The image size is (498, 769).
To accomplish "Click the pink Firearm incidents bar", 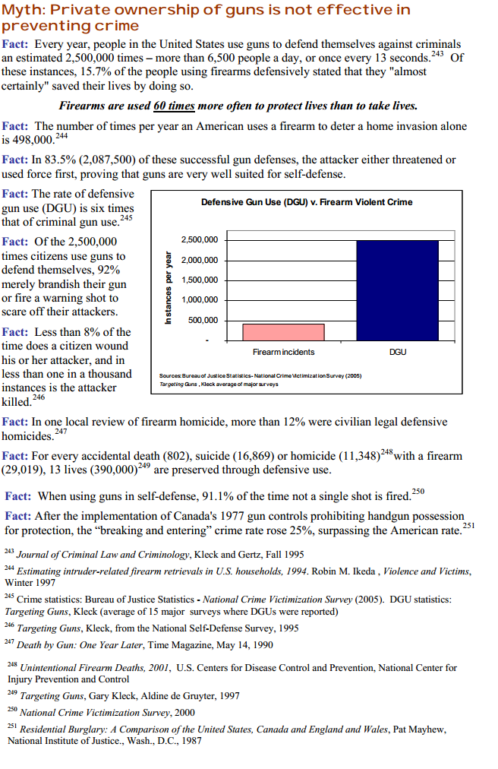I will click(283, 332).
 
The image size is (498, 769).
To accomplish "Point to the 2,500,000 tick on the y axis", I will click(200, 240).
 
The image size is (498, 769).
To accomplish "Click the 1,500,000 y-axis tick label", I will click(200, 280).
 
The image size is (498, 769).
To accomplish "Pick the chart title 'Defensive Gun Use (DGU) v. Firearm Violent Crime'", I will click(307, 202).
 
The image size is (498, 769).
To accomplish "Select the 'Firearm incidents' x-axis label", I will click(283, 353).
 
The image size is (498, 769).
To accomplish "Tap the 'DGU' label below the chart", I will click(396, 353).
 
